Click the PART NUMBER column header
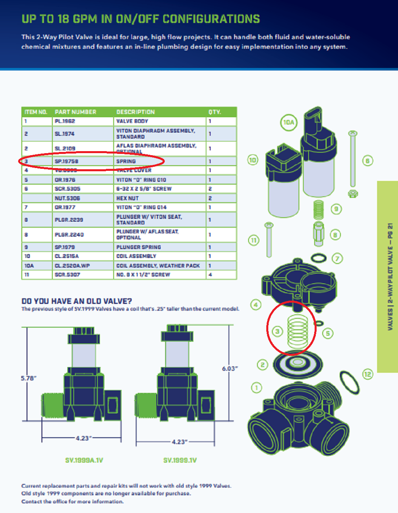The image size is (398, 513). click(x=75, y=112)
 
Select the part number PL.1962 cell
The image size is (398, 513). click(x=65, y=121)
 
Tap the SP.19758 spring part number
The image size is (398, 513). click(x=66, y=161)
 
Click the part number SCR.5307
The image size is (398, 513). click(x=67, y=274)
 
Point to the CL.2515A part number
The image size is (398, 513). click(x=67, y=256)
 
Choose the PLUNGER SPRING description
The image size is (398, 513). click(x=139, y=247)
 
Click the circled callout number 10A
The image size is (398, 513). click(x=289, y=123)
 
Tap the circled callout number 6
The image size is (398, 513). click(x=367, y=161)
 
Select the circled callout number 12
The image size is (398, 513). click(x=367, y=374)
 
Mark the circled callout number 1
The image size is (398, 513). click(x=257, y=388)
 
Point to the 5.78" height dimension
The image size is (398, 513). click(x=29, y=378)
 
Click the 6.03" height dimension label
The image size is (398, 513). click(x=230, y=368)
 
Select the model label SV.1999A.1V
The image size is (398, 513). click(x=84, y=460)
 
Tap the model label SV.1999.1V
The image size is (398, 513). click(x=180, y=460)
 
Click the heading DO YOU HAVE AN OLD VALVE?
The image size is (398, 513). click(x=77, y=301)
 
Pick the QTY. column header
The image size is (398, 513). click(x=214, y=112)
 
